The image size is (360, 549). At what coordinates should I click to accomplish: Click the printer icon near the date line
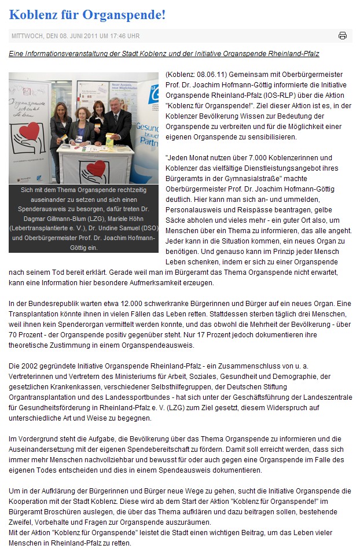(x=343, y=35)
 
